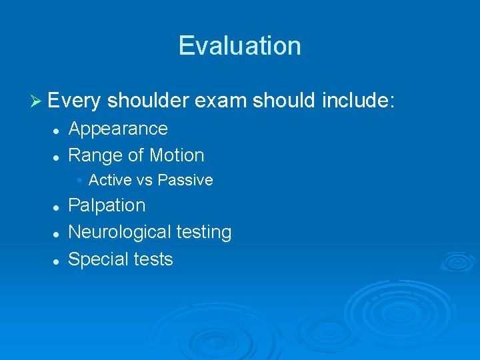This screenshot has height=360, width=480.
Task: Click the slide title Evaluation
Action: [x=239, y=45]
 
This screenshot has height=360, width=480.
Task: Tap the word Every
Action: [x=74, y=101]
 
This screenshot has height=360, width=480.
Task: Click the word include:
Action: [x=359, y=101]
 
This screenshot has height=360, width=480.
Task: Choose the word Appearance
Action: [x=118, y=129]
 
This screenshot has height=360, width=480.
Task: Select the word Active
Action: [x=110, y=180]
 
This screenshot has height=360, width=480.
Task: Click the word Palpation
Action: [x=107, y=205]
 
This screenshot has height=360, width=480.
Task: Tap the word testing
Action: [x=204, y=233]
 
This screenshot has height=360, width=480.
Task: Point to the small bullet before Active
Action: [x=79, y=180]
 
